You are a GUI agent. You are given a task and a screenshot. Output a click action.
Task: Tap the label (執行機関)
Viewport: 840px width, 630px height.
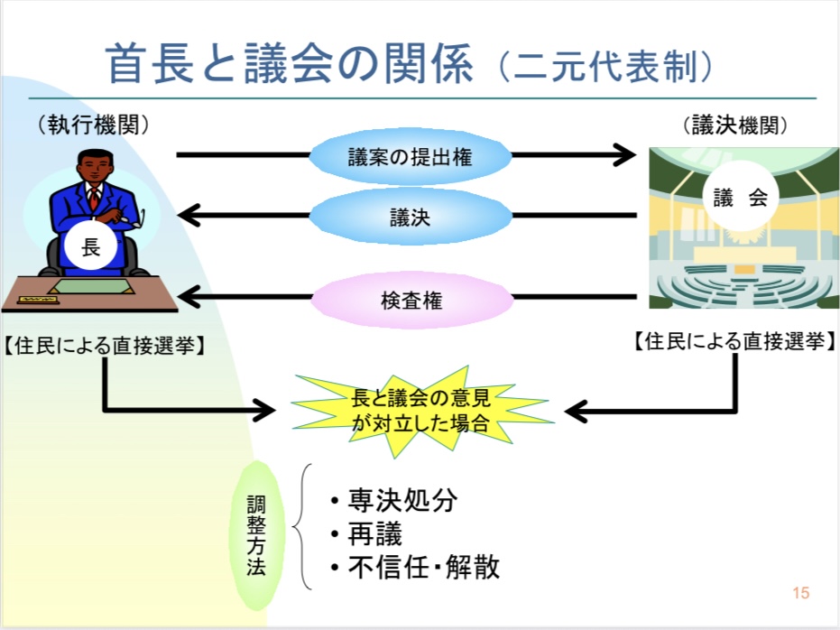click(94, 125)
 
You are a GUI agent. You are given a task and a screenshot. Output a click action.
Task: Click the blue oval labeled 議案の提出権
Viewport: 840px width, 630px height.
click(410, 156)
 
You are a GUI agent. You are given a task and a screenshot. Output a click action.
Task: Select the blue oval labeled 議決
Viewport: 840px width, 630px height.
click(410, 217)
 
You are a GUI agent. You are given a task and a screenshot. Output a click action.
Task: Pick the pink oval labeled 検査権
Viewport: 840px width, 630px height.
click(411, 301)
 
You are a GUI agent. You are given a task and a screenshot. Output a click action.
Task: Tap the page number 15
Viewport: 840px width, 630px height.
click(799, 593)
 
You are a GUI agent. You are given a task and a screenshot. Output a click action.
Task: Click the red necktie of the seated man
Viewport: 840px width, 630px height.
click(92, 198)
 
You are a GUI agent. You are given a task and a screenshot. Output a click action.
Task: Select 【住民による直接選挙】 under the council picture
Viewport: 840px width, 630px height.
click(733, 342)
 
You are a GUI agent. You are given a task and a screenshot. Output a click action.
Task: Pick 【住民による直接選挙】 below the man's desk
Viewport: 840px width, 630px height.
click(102, 345)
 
